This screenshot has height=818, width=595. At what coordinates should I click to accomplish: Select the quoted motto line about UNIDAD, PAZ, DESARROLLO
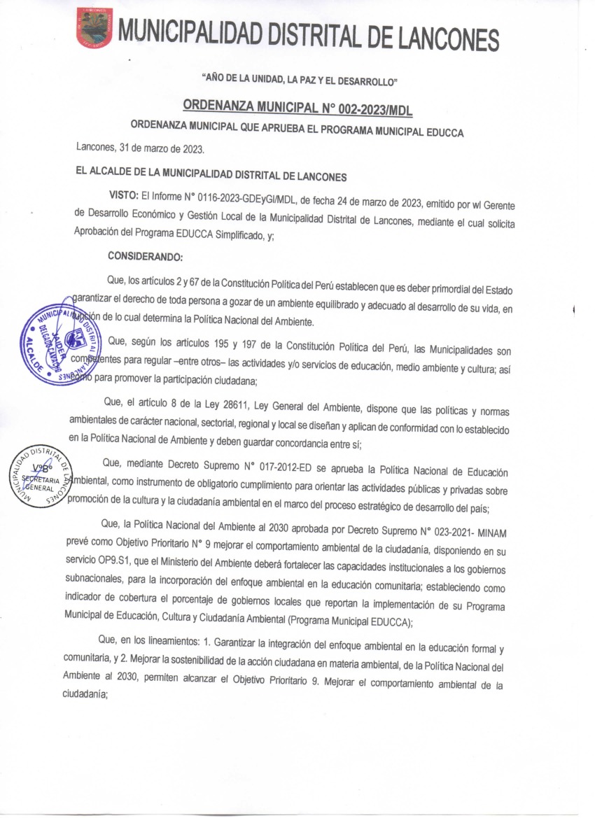pyautogui.click(x=299, y=82)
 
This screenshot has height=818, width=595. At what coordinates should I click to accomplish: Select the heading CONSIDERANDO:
pyautogui.click(x=146, y=255)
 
